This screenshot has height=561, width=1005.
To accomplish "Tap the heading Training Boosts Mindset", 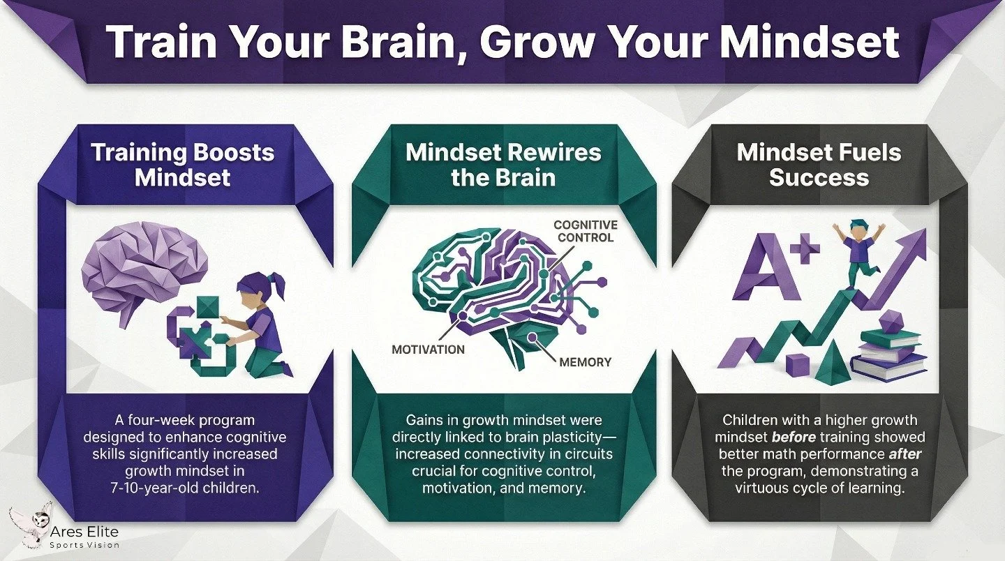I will click(x=182, y=165).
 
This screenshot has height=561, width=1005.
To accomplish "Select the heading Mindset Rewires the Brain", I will click(x=502, y=165).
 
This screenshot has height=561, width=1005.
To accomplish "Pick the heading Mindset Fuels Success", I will click(x=819, y=165).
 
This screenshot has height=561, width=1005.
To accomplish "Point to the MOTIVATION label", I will click(x=428, y=349).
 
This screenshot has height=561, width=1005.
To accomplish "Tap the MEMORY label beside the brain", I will click(x=585, y=362).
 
